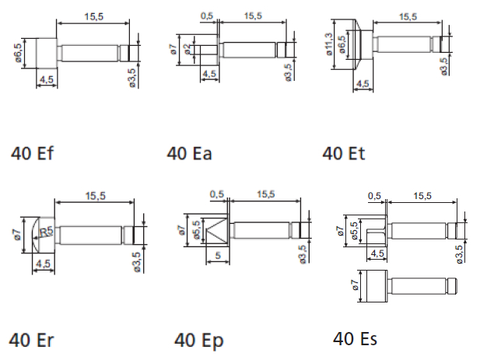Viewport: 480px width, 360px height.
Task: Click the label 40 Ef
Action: click(33, 153)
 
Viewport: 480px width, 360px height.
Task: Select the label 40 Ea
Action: click(189, 153)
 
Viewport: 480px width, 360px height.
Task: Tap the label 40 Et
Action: click(343, 153)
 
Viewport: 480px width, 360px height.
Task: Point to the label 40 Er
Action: click(32, 340)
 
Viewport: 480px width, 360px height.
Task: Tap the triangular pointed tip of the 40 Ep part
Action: click(215, 231)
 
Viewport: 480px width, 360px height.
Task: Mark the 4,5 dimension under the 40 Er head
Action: click(44, 264)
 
